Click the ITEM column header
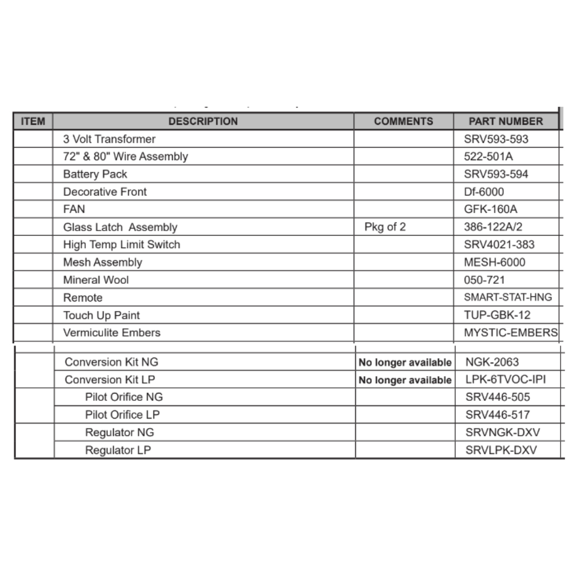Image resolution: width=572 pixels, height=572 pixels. [x=33, y=121]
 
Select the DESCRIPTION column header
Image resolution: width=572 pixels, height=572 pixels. [x=203, y=121]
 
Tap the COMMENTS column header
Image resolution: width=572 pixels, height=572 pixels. [x=403, y=121]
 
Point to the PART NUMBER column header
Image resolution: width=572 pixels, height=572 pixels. [x=506, y=121]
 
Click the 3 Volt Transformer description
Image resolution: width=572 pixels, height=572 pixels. [x=109, y=139]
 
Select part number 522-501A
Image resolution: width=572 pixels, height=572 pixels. [x=488, y=156]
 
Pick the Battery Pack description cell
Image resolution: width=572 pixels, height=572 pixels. [x=95, y=174]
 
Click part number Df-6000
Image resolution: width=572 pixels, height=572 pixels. [x=484, y=192]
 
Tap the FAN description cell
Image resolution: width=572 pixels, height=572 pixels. [x=74, y=209]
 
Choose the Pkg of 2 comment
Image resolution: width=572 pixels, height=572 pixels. [x=385, y=227]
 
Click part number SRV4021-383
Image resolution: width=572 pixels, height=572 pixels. [x=499, y=244]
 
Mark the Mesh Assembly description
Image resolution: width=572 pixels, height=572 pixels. [x=102, y=263]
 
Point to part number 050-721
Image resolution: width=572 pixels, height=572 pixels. [x=484, y=280]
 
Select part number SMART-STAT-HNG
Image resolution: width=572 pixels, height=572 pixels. [x=508, y=297]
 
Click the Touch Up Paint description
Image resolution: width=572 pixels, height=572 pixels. [x=101, y=315]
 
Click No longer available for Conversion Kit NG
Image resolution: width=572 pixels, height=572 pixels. [x=404, y=363]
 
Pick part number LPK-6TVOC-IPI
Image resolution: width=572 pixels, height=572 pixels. [x=502, y=380]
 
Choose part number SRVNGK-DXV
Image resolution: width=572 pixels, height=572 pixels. [x=502, y=432]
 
